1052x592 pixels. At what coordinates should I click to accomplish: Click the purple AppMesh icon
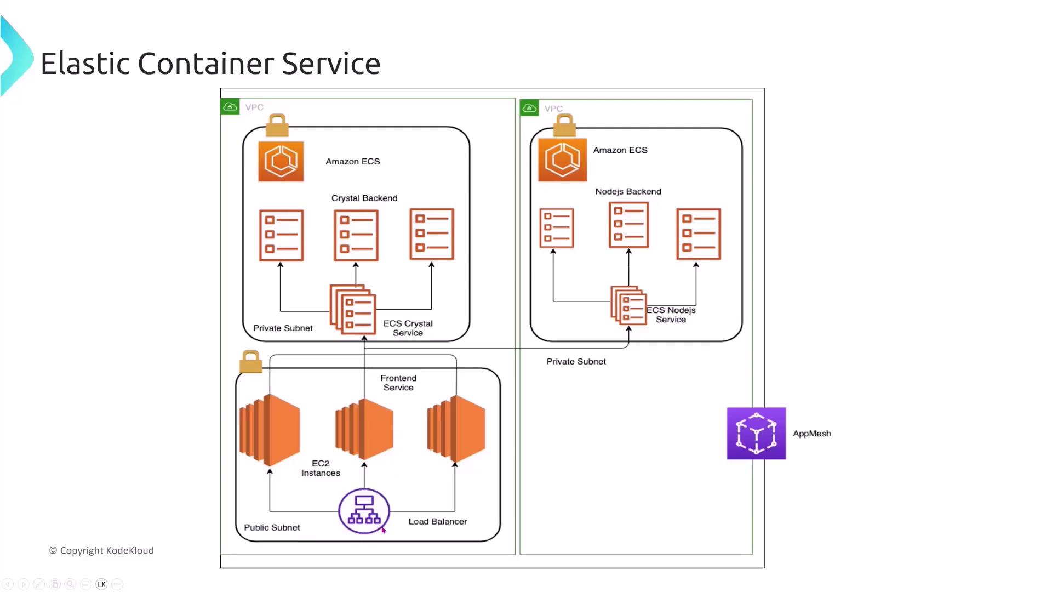(x=756, y=433)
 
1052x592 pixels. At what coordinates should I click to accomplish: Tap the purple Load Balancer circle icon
(x=364, y=511)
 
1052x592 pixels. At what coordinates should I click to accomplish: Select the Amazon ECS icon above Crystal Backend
(x=281, y=161)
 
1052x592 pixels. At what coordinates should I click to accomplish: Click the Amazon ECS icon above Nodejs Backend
(x=562, y=160)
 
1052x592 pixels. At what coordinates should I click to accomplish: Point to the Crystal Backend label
(x=364, y=198)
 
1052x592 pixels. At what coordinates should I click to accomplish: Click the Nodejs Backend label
(x=628, y=191)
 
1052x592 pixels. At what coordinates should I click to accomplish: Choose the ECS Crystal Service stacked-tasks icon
(x=353, y=310)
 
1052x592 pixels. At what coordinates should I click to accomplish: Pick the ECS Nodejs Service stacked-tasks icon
(x=628, y=305)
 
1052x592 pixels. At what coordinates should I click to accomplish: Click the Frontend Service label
(x=398, y=383)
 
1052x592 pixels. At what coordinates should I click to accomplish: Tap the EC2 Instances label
(x=321, y=468)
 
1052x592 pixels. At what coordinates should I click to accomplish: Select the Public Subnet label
(x=272, y=527)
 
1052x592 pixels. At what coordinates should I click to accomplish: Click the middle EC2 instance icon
(x=364, y=429)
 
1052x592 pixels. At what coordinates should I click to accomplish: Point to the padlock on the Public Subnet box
(x=251, y=362)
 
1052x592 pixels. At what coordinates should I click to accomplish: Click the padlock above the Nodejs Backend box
(x=564, y=126)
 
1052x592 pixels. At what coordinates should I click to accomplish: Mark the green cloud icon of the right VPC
(x=529, y=108)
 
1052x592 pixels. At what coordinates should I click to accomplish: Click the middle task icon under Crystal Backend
(x=356, y=235)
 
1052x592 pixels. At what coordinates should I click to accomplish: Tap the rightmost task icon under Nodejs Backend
(x=699, y=234)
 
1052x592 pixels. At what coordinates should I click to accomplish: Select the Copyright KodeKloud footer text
(x=101, y=550)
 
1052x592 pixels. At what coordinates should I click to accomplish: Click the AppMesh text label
(x=811, y=434)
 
